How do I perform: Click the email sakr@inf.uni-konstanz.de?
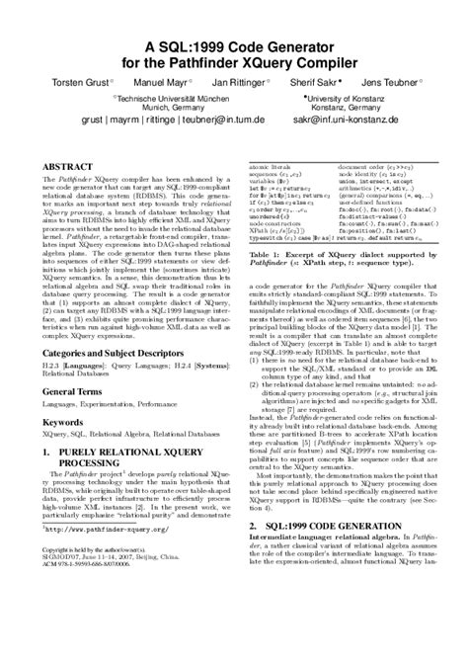point(354,142)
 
